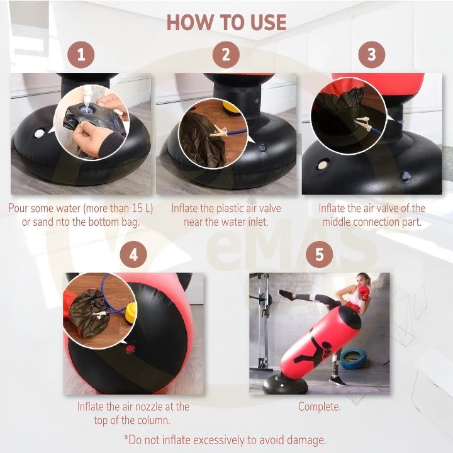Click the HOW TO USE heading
tap(226, 23)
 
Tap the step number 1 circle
tap(81, 55)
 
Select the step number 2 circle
tap(226, 55)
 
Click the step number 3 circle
tap(371, 55)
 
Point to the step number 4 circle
tap(133, 255)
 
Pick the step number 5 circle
tap(319, 255)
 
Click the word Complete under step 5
tap(319, 407)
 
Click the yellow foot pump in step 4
tap(130, 311)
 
